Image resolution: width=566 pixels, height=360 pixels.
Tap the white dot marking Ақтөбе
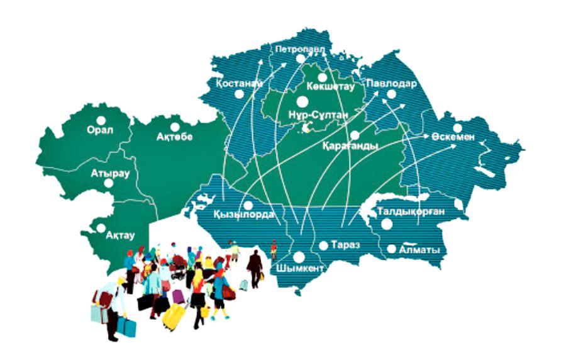[x=174, y=127]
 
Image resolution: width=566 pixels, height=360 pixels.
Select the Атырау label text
[x=109, y=172]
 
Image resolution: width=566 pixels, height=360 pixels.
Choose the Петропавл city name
[x=300, y=48]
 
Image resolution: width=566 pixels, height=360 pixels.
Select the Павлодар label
[x=391, y=83]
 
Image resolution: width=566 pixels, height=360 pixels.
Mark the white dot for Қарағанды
[x=355, y=135]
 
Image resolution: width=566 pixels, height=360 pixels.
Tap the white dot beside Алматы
[x=391, y=249]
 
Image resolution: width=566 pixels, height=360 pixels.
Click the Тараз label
[x=344, y=245]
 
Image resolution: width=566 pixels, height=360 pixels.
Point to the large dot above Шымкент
[x=299, y=257]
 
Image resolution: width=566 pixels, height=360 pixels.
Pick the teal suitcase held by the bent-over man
[x=126, y=327]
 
